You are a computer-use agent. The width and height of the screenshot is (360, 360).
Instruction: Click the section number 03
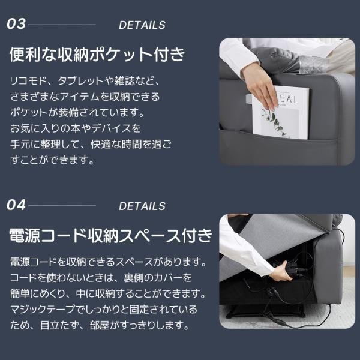[17, 25]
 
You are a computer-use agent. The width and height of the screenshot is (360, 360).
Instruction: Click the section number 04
[17, 206]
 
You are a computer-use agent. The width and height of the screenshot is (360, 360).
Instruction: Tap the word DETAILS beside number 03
[142, 25]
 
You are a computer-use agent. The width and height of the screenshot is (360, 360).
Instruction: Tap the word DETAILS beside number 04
[142, 206]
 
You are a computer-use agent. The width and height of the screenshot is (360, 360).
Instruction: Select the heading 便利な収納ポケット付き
[98, 55]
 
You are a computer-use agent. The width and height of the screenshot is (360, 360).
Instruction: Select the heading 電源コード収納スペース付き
[111, 235]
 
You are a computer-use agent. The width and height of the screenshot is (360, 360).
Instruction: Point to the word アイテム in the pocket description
[88, 97]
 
